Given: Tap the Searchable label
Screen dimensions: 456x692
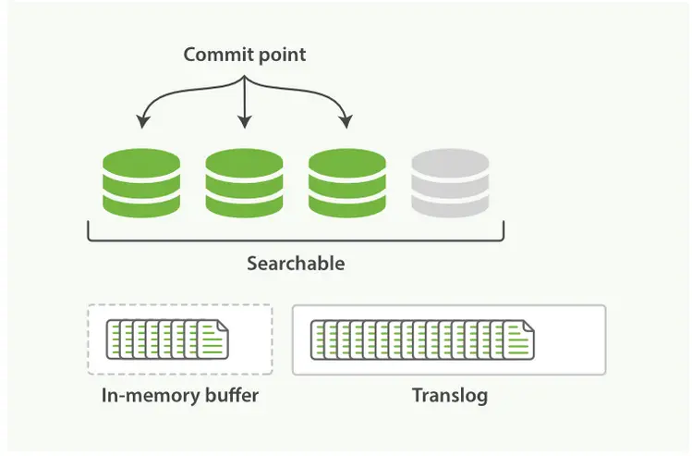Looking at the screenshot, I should click(x=296, y=264).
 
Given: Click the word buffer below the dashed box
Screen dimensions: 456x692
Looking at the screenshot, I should click(x=230, y=397).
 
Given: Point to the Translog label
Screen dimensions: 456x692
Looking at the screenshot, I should click(x=450, y=397).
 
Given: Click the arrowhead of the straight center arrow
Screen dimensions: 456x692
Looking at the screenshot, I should click(x=244, y=123).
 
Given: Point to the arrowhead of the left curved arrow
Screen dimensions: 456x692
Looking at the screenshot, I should click(x=141, y=123).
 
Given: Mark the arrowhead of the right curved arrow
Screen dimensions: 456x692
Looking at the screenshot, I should click(x=346, y=123).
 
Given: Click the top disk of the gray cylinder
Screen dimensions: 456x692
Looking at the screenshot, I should click(x=449, y=163).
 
